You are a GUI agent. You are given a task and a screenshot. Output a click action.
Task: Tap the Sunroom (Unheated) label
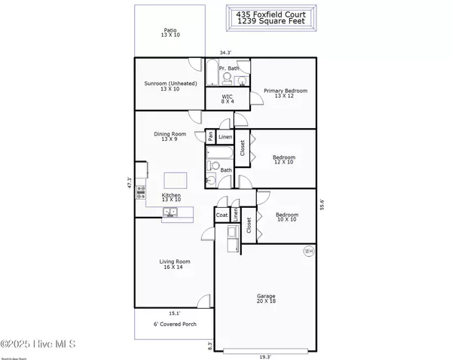169,86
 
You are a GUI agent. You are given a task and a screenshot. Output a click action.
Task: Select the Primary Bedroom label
285,93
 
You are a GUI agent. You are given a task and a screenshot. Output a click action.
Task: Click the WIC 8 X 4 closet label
228,99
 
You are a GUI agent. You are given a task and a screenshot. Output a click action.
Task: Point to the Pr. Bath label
228,69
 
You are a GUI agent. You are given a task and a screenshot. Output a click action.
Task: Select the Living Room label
174,264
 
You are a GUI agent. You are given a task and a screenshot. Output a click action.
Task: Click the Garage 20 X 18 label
264,299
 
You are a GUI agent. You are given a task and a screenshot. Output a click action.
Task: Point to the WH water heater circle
309,251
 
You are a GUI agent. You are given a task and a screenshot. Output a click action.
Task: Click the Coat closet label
221,215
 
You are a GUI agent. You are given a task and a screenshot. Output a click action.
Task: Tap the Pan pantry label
210,137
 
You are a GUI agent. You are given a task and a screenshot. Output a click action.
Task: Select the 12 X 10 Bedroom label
283,160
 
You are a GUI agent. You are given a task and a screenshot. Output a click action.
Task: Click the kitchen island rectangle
176,181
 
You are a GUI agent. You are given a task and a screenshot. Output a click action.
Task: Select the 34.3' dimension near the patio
225,53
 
